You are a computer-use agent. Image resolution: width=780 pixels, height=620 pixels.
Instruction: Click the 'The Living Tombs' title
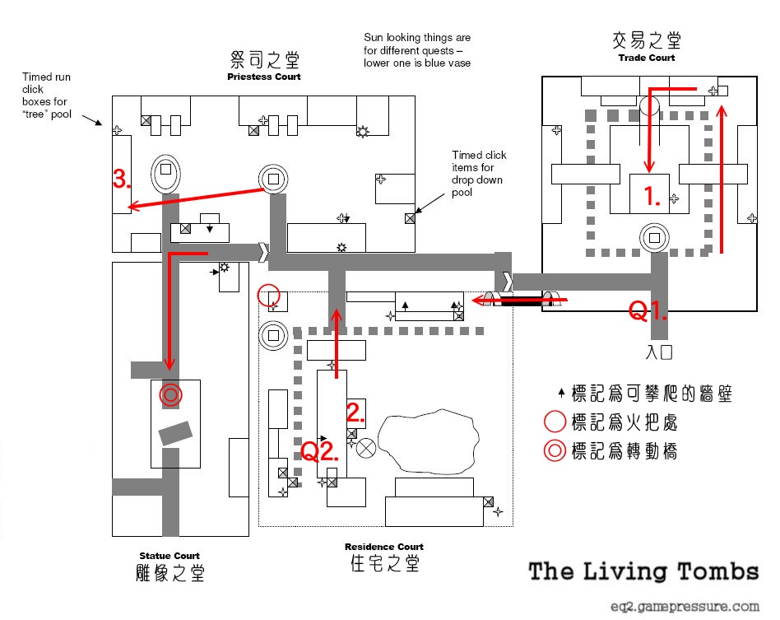pyautogui.click(x=643, y=571)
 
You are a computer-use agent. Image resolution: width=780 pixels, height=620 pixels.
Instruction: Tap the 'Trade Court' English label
pyautogui.click(x=646, y=58)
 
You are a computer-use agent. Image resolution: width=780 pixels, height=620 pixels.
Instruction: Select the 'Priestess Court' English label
pyautogui.click(x=264, y=77)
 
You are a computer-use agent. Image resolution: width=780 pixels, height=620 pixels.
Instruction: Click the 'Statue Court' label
pyautogui.click(x=169, y=556)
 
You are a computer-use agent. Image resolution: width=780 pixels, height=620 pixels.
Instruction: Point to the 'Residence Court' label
pyautogui.click(x=384, y=547)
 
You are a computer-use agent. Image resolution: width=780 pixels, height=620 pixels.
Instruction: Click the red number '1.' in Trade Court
pyautogui.click(x=652, y=198)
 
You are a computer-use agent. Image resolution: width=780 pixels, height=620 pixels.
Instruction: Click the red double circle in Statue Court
pyautogui.click(x=170, y=395)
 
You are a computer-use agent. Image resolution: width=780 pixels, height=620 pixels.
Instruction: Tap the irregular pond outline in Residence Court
pyautogui.click(x=429, y=441)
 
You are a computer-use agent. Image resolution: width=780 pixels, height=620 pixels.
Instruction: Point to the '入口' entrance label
pyautogui.click(x=660, y=352)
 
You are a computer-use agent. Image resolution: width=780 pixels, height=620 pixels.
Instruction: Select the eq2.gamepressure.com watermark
pyautogui.click(x=685, y=606)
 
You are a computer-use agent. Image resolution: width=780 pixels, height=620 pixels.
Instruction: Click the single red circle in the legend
pyautogui.click(x=555, y=422)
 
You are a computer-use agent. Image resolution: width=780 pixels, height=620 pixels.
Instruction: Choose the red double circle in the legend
pyautogui.click(x=555, y=451)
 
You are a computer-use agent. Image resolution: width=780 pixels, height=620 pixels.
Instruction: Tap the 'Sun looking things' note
pyautogui.click(x=417, y=50)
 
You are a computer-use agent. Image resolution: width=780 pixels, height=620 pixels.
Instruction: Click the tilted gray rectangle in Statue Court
pyautogui.click(x=175, y=432)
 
